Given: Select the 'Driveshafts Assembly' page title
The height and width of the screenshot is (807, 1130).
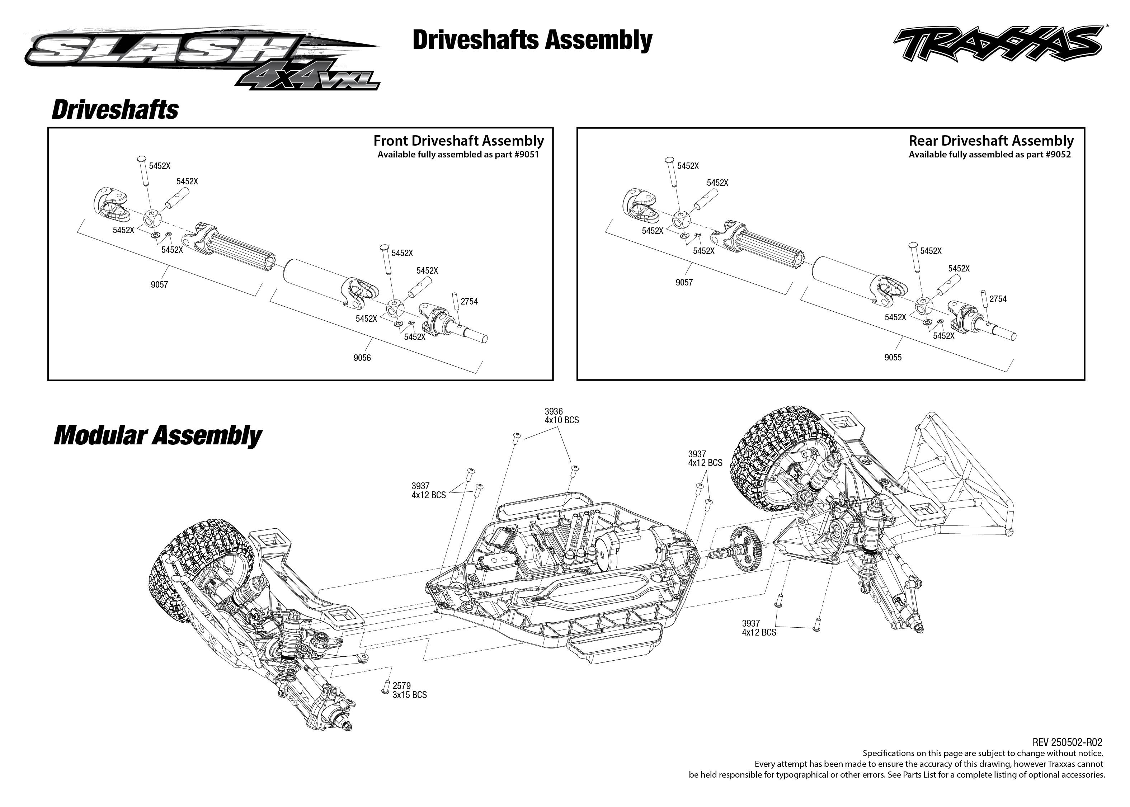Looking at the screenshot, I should click(x=532, y=40).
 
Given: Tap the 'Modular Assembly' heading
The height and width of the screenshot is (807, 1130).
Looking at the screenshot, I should click(x=157, y=435).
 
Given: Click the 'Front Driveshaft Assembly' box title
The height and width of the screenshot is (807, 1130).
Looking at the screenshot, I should click(x=458, y=141).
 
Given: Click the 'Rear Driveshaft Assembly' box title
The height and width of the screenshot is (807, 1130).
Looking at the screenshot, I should click(x=991, y=141).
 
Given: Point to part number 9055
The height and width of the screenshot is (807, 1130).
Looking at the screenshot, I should click(x=893, y=357).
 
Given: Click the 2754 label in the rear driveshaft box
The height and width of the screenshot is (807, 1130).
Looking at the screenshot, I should click(x=998, y=299).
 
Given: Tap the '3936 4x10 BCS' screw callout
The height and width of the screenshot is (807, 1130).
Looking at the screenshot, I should click(x=561, y=416).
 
